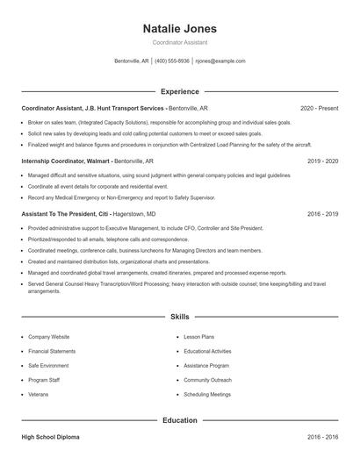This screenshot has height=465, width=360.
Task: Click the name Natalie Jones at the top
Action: [179, 29]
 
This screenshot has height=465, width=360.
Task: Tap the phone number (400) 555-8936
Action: [172, 61]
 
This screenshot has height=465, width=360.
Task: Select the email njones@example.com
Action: [220, 61]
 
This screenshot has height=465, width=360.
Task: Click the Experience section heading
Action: [180, 91]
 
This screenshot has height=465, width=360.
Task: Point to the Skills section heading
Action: [180, 316]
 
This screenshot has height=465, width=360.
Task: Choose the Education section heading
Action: [180, 420]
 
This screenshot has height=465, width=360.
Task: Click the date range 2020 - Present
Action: [319, 108]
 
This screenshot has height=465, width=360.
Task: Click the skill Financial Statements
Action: [51, 351]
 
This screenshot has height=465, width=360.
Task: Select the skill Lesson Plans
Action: [200, 337]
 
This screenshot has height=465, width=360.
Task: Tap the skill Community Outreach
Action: [207, 380]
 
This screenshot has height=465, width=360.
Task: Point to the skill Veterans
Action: [39, 394]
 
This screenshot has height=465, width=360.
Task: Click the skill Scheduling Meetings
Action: [207, 394]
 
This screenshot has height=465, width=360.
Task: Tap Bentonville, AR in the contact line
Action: [132, 61]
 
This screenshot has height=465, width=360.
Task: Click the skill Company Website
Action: [48, 337]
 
